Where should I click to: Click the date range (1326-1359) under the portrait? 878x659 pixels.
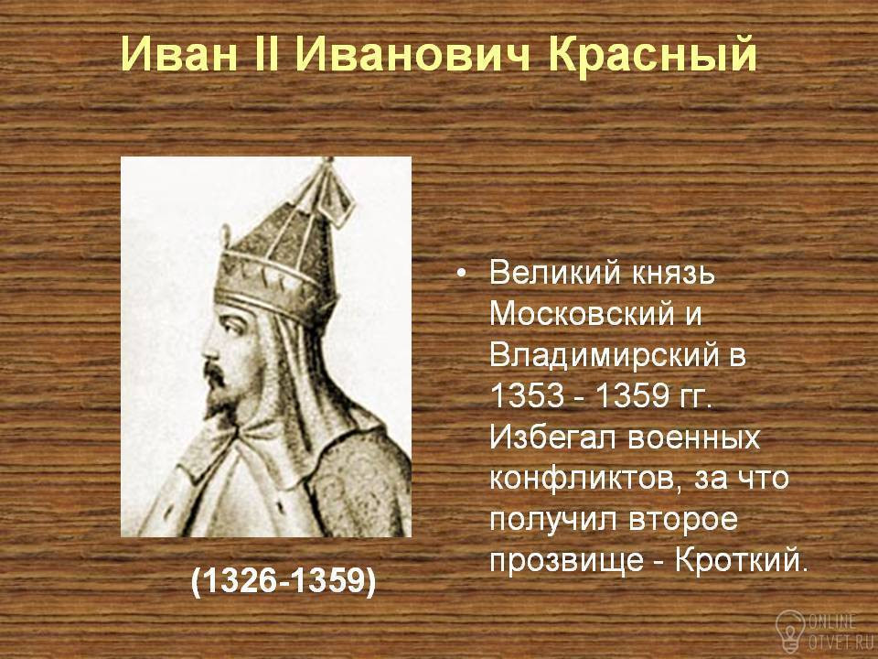coord(284,580)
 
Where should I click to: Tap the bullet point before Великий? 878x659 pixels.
coord(461,274)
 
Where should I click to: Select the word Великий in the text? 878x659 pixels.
coord(555,273)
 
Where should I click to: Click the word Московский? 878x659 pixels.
coord(581,314)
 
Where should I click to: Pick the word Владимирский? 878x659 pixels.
coord(605,356)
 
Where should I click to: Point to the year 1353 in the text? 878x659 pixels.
coord(527,395)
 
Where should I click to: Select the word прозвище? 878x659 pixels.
coord(566,560)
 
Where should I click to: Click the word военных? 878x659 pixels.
coord(692,438)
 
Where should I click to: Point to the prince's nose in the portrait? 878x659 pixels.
coord(210,351)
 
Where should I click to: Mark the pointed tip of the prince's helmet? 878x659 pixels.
coord(327,161)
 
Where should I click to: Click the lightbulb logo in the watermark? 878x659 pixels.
coord(789,630)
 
